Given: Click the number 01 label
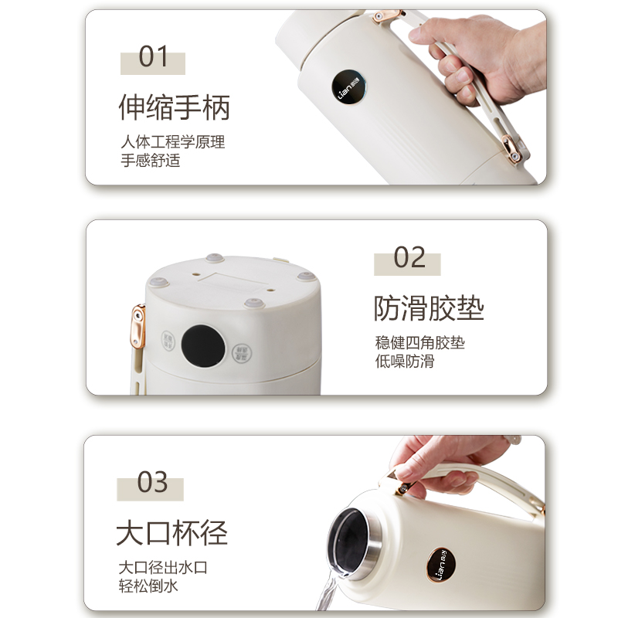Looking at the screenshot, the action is [153, 56].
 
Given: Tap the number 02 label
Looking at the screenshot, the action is [409, 257].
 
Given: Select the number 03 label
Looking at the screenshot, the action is [152, 482].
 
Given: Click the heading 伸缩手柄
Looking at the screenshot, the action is [175, 107].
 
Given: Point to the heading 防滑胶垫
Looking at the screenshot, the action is [429, 308].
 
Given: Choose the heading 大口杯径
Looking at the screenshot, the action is [171, 533].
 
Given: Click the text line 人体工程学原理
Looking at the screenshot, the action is [172, 142].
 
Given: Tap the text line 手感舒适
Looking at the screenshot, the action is [150, 161].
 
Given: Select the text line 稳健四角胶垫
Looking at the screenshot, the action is [419, 342].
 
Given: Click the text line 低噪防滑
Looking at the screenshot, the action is [404, 361].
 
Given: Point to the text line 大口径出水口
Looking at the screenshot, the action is [163, 568].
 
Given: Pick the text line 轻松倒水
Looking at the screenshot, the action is [148, 586].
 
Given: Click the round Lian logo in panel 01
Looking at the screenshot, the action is [349, 87].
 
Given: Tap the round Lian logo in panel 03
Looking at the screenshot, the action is [441, 565].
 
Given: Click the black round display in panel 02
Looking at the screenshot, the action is [203, 346].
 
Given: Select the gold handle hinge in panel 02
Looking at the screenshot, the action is [138, 327].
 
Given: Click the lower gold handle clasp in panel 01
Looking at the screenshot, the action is [511, 148].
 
